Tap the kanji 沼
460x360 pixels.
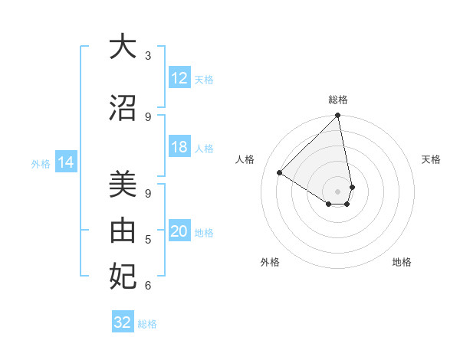(123, 107)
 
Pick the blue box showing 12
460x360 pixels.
(179, 79)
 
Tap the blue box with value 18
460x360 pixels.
(179, 148)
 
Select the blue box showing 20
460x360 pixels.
(179, 232)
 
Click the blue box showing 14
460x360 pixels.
(66, 162)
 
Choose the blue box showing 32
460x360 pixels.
(123, 322)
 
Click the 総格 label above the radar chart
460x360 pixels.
(338, 100)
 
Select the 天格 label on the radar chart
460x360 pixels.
(431, 159)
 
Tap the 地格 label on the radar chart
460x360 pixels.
(402, 262)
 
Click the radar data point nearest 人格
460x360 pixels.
(280, 172)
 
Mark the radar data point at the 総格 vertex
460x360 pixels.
(338, 116)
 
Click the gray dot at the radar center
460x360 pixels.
(338, 191)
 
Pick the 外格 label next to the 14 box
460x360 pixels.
(40, 163)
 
